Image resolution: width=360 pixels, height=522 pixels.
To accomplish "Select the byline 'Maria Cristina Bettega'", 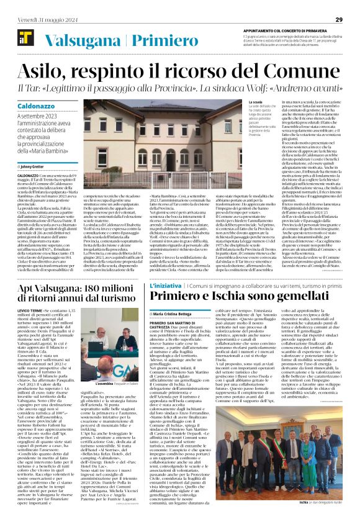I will pos(181,315).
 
